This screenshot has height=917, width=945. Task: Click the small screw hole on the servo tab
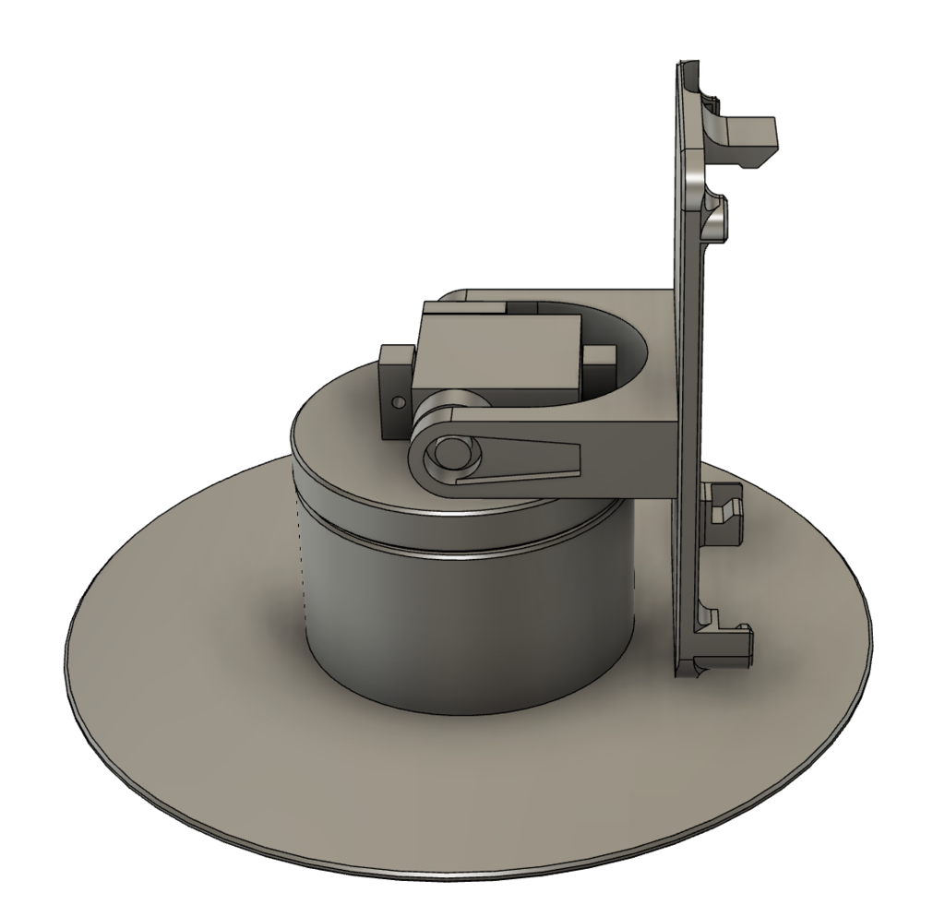click(397, 403)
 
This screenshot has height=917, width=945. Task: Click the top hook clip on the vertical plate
click(748, 138)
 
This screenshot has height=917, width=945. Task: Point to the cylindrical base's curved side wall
click(461, 627)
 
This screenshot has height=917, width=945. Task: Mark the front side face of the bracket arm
click(628, 461)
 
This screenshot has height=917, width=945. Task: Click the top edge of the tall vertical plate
click(680, 66)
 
